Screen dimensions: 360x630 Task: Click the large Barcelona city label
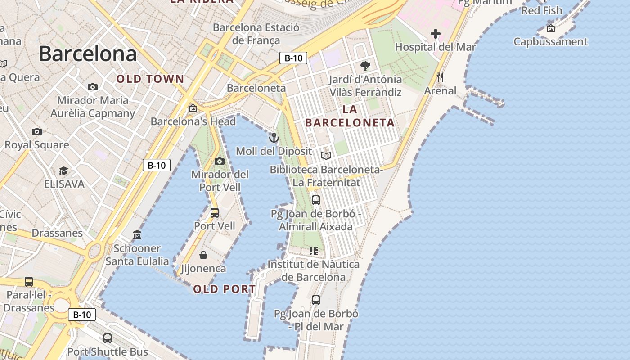point(88,54)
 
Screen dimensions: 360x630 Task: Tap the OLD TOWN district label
point(150,79)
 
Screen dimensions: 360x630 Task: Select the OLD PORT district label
point(225,289)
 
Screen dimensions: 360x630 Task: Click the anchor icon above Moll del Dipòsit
point(274,138)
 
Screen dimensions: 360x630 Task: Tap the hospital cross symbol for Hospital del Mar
point(435,34)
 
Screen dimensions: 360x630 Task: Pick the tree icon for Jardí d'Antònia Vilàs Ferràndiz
point(365,66)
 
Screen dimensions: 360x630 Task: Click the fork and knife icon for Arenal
point(440,77)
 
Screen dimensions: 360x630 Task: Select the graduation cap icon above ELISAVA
point(64,171)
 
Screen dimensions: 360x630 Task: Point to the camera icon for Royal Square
point(37,131)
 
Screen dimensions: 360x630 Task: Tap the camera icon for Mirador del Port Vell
point(220,161)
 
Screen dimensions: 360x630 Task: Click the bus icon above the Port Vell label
point(215,212)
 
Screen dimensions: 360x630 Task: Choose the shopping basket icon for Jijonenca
point(203,255)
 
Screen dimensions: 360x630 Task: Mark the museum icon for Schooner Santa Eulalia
point(137,234)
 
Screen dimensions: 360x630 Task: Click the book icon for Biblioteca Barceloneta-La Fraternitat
point(326,156)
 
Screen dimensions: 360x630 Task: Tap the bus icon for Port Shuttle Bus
point(108,338)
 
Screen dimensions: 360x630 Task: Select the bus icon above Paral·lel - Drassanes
point(29,282)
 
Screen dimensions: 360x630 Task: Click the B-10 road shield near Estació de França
point(293,58)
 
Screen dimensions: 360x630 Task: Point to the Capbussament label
point(551,42)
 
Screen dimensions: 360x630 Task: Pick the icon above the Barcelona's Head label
point(193,108)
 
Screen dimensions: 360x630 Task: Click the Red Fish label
point(542,10)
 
